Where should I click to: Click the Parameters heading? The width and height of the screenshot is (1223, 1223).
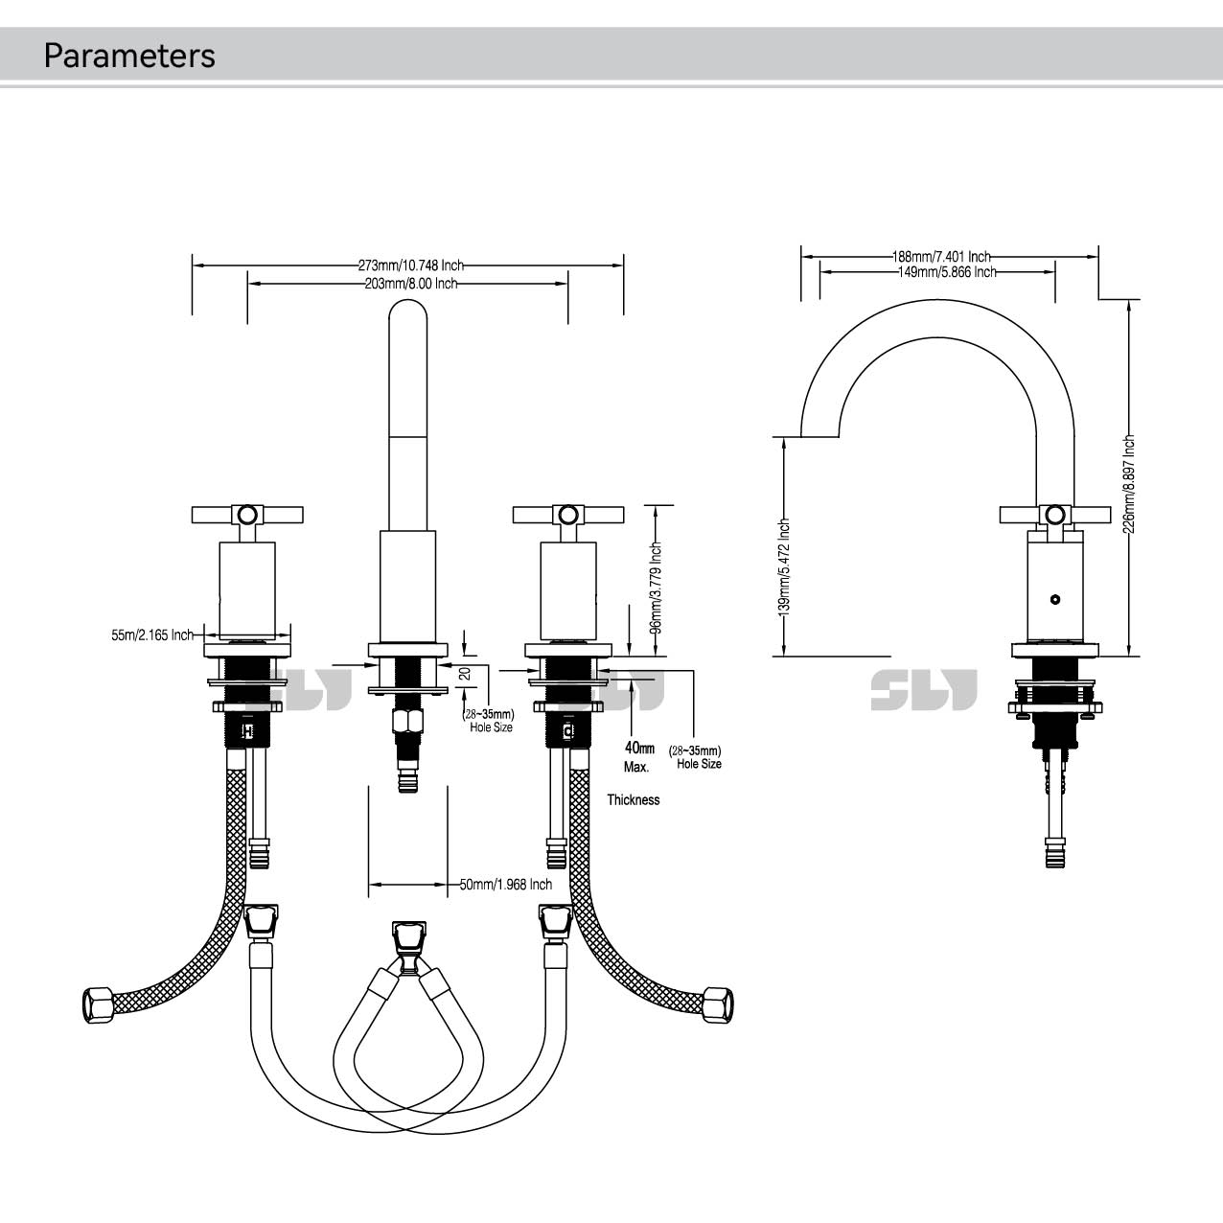[x=129, y=56]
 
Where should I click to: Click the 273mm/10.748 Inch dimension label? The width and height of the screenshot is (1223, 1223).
[x=410, y=265]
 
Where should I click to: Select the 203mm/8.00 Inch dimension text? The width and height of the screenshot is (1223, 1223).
[x=410, y=284]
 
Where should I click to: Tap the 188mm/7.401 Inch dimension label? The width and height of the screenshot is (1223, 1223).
[x=941, y=257]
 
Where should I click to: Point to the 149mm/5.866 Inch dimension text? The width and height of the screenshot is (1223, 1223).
[x=947, y=272]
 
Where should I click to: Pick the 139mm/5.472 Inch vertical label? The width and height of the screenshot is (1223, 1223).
[x=784, y=565]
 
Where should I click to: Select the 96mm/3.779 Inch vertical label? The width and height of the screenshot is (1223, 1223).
[x=657, y=588]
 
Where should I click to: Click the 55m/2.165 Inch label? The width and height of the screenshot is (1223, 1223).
[x=152, y=635]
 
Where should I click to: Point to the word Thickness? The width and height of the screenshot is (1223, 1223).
[x=633, y=799]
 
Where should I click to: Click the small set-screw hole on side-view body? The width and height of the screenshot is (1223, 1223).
[x=1055, y=601]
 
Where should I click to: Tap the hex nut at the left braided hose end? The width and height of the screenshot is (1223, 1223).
[x=95, y=1004]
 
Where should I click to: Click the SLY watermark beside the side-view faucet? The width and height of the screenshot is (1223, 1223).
[x=923, y=690]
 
